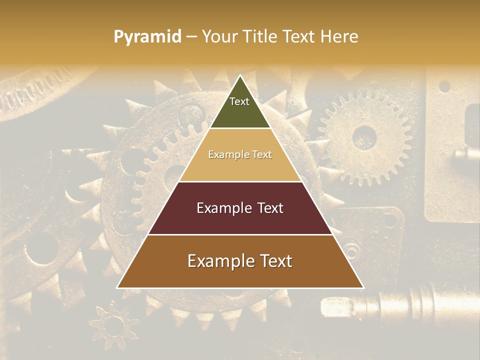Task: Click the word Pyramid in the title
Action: (x=147, y=37)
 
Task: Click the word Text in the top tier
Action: (x=239, y=101)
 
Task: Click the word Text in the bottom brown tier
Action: (x=275, y=261)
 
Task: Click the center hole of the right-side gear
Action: (x=364, y=136)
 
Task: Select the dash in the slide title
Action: (x=191, y=37)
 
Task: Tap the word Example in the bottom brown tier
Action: (x=221, y=261)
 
